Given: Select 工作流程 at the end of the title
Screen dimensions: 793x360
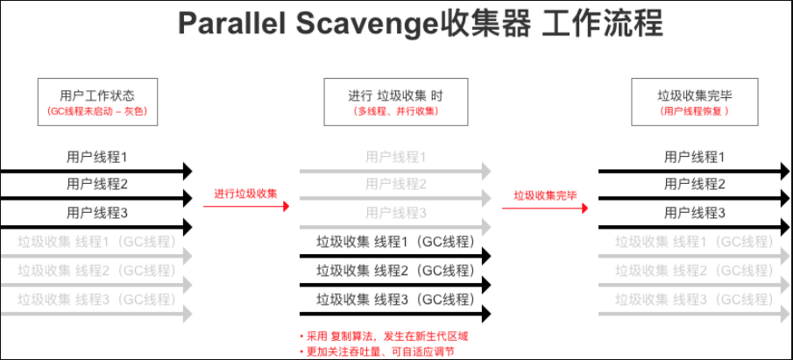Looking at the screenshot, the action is coord(601,24).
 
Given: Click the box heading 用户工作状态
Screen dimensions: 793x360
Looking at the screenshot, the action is coord(97,95).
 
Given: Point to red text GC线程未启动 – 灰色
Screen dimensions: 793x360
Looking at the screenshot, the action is coord(97,112).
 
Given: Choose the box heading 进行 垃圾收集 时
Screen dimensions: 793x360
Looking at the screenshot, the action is coord(395,95).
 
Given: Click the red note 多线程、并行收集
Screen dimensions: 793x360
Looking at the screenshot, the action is coord(395,112).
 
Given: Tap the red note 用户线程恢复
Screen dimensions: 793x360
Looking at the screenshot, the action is coord(695,112).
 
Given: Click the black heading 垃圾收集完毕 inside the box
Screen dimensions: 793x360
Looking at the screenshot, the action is coord(695,95).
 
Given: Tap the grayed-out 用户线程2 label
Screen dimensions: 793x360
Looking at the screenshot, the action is coord(395,184).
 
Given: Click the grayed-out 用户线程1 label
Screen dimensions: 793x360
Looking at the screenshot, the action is coord(395,158).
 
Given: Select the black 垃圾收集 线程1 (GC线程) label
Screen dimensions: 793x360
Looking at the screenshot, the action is coord(395,242).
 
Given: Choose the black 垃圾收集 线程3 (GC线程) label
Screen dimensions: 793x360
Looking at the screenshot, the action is coord(395,299).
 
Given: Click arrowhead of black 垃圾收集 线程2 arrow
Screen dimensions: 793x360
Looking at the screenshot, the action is coord(485,286).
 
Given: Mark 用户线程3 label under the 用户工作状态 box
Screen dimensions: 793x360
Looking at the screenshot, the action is coord(97,213).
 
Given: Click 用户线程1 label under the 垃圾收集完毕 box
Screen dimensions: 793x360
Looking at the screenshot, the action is coord(695,158).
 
